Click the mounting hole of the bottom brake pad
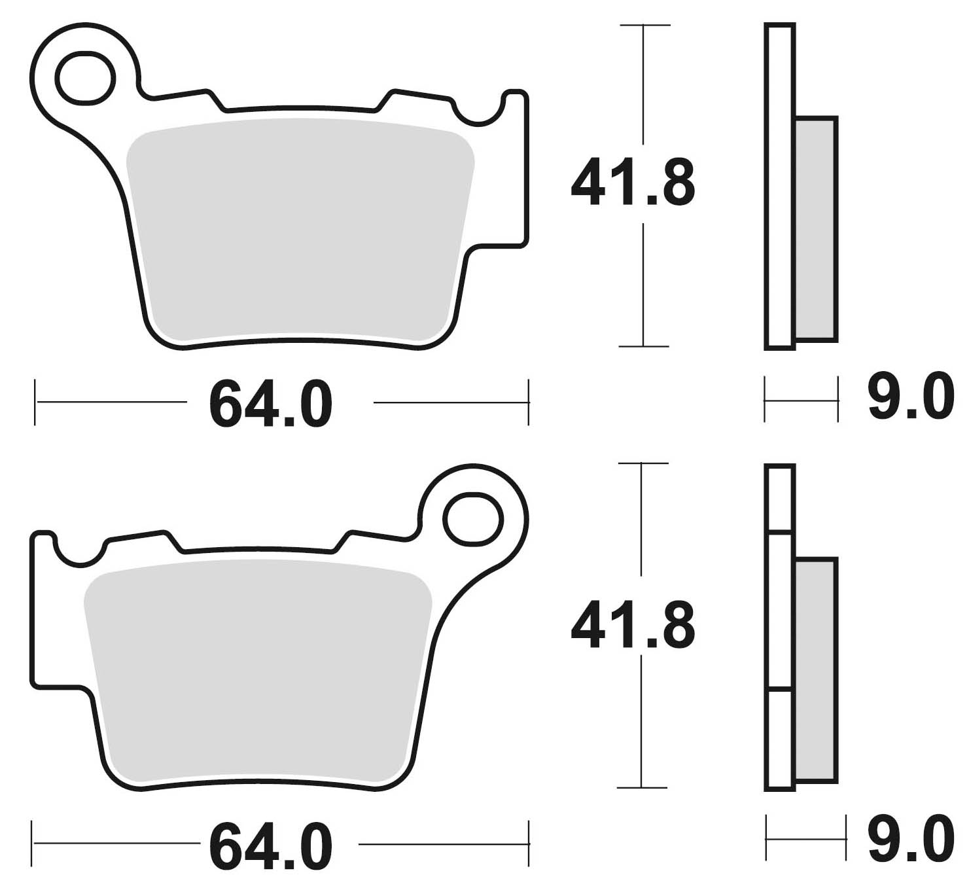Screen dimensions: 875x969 473,520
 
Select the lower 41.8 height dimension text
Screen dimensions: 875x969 633,627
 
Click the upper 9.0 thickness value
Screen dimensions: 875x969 910,397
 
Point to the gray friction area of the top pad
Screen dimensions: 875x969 298,236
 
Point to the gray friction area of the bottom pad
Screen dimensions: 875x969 258,674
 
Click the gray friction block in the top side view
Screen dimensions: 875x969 817,229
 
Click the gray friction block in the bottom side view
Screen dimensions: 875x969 817,671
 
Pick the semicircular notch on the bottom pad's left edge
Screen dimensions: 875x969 79,551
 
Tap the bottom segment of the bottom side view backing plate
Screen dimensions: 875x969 779,738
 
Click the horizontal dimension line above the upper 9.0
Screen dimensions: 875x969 801,401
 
